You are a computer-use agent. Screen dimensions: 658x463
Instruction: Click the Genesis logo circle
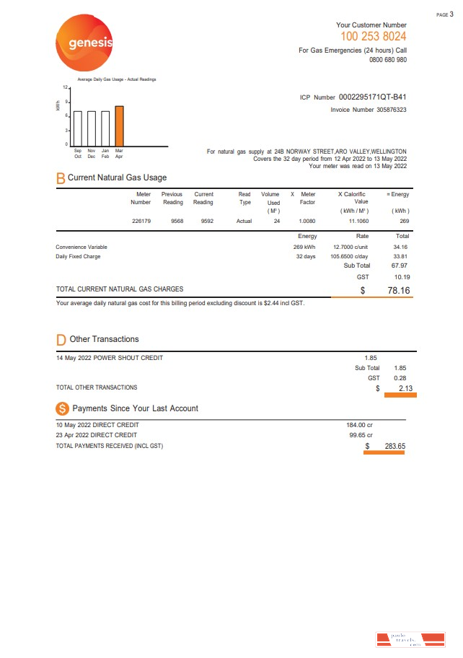click(85, 44)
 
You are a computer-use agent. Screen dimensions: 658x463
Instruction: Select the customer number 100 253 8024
click(373, 36)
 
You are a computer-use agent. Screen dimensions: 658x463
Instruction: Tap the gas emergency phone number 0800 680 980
click(387, 60)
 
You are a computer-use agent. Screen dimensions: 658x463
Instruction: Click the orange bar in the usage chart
click(119, 126)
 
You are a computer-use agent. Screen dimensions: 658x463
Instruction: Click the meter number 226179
click(141, 221)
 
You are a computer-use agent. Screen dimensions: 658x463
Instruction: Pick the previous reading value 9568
click(176, 221)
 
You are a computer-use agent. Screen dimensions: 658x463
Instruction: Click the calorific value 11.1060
click(358, 221)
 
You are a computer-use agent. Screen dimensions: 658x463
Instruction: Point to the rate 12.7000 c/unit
click(351, 247)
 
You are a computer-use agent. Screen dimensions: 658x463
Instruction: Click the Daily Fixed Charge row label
click(78, 256)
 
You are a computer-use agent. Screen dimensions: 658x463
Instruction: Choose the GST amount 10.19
click(401, 276)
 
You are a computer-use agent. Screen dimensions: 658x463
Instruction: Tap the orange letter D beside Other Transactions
click(61, 339)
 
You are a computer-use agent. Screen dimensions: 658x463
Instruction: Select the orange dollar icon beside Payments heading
click(62, 408)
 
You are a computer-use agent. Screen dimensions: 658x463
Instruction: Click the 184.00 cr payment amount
click(359, 425)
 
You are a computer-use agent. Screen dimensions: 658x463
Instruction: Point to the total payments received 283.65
click(394, 446)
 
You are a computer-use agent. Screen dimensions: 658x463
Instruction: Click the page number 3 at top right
click(451, 14)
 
